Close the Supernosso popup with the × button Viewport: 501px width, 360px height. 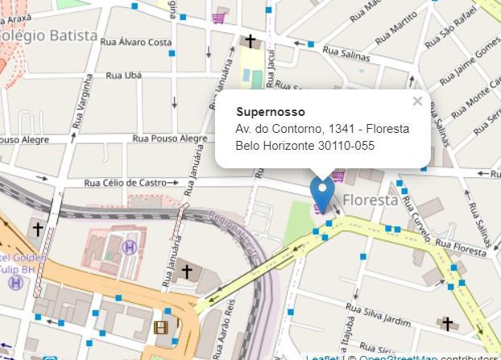point(417,101)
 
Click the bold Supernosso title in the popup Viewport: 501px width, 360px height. point(271,112)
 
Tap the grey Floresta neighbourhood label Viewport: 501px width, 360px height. point(371,200)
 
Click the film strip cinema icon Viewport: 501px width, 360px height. point(161,327)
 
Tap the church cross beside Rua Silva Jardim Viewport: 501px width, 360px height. point(447,324)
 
